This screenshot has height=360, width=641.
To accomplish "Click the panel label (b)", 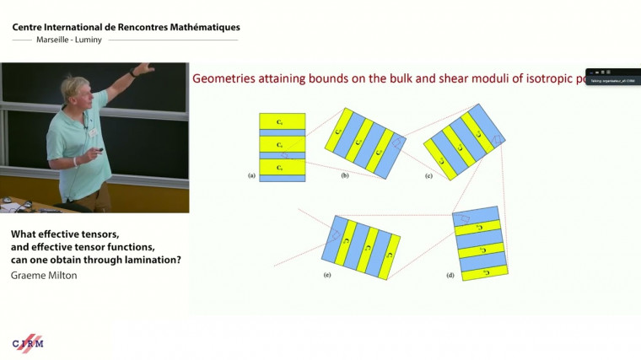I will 345,175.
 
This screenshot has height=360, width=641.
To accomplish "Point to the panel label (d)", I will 450,276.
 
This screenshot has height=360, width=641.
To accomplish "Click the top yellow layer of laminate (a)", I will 283,121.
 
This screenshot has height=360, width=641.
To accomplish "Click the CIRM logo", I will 28,342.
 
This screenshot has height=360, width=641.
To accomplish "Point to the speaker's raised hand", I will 146,67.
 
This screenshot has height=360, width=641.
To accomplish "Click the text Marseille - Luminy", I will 68,40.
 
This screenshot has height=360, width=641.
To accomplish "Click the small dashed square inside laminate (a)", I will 285,155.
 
